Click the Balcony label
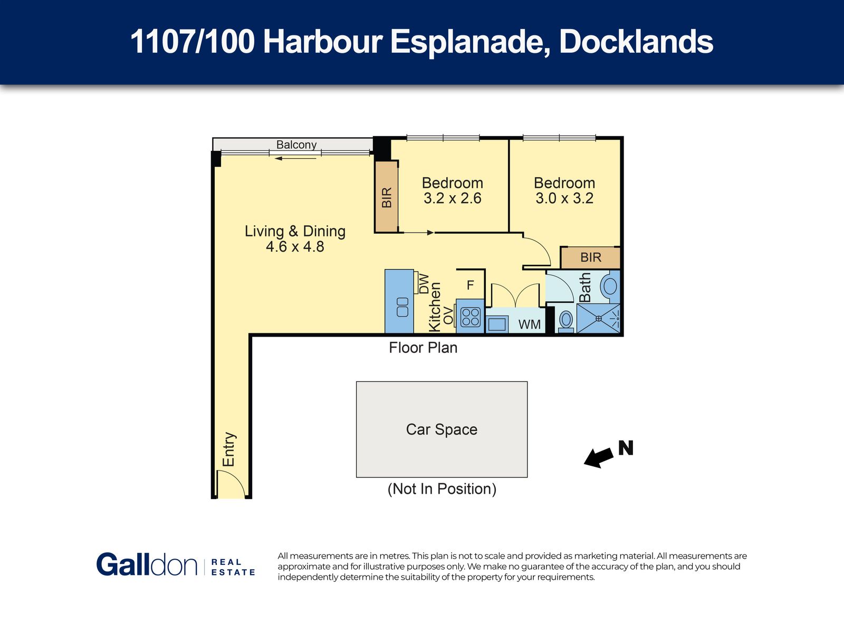click(296, 145)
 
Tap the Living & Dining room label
click(295, 231)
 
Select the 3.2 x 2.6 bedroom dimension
click(452, 198)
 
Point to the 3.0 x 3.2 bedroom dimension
click(564, 198)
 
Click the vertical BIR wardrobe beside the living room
click(387, 197)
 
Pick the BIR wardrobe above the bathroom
click(590, 257)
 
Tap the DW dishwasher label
click(424, 284)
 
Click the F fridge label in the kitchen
click(470, 285)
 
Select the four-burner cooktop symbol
click(470, 318)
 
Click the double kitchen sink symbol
click(402, 307)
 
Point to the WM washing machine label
click(529, 324)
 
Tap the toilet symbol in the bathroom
click(565, 321)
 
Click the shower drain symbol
click(599, 319)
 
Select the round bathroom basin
click(610, 286)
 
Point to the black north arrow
click(598, 457)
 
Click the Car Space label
click(442, 429)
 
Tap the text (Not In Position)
click(442, 489)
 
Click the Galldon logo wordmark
click(147, 564)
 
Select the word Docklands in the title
click(636, 42)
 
